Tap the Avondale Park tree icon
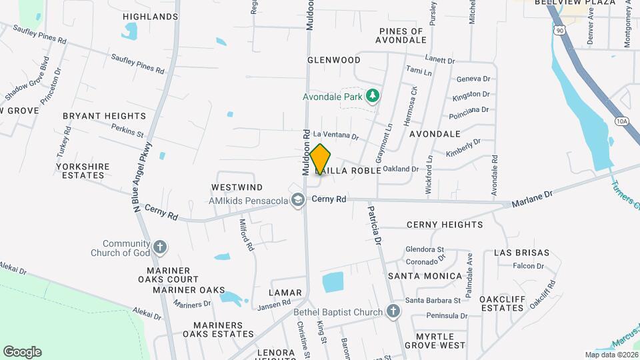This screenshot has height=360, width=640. tap(373, 97)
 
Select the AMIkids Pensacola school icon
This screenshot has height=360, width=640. tap(298, 200)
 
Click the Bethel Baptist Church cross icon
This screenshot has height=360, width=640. tap(393, 311)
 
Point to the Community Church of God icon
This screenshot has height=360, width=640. tap(159, 247)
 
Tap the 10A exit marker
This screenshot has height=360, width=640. tap(621, 121)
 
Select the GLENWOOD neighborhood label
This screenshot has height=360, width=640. tap(334, 60)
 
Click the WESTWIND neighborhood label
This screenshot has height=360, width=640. tap(237, 187)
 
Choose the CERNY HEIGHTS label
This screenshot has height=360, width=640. tap(445, 225)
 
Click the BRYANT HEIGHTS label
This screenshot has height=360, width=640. tap(104, 116)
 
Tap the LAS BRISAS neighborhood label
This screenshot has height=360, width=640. tap(522, 253)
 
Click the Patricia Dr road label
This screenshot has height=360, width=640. tap(375, 224)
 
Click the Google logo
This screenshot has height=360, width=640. tap(22, 351)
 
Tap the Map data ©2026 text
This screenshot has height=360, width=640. tap(611, 355)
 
